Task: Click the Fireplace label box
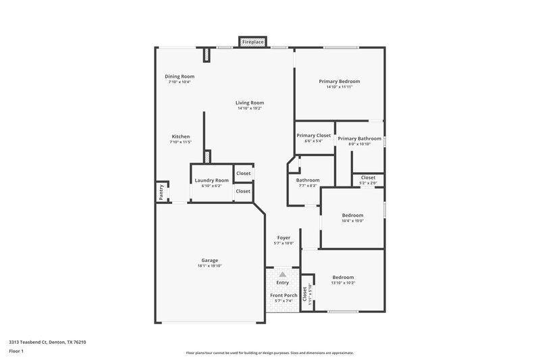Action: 253,42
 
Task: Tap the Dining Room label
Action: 180,76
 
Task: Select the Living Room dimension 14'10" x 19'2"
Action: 249,108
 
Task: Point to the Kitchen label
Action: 180,136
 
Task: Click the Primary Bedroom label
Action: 339,81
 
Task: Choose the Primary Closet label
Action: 314,135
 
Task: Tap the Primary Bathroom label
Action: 360,138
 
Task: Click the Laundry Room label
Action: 212,180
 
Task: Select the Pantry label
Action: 161,192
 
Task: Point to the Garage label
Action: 209,260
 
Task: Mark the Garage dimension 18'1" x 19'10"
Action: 209,266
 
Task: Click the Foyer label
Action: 283,238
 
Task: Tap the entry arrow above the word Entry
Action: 283,274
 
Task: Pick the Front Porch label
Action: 283,295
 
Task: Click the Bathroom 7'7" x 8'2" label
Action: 308,180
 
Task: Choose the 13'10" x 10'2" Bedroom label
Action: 343,278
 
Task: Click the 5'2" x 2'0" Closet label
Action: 368,178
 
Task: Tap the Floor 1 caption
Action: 17,352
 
